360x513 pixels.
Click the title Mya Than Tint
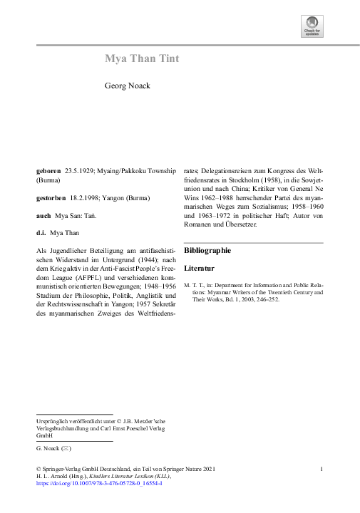tap(142, 58)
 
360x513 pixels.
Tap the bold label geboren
tap(48, 172)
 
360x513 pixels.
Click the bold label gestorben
tap(51, 196)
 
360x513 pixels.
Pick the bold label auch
tap(43, 214)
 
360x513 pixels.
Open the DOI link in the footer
tap(99, 483)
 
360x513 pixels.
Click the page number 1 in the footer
tap(323, 468)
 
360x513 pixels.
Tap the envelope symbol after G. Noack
tap(66, 450)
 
